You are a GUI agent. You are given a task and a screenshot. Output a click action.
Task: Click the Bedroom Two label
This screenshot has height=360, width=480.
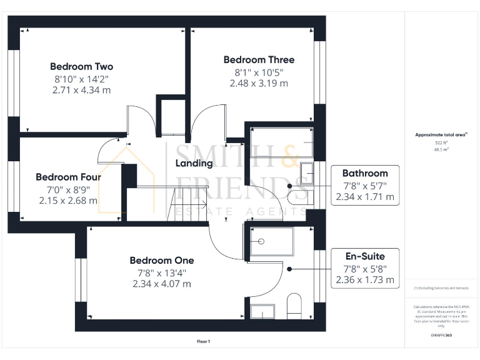(81, 66)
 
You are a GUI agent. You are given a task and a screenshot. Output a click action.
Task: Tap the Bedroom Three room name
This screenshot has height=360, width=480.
(259, 60)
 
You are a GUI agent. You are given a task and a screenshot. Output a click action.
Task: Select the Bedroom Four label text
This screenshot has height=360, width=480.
(68, 177)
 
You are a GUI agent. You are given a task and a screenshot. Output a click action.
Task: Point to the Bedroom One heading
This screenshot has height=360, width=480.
(162, 260)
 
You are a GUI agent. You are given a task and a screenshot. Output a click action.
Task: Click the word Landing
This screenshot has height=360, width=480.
(194, 163)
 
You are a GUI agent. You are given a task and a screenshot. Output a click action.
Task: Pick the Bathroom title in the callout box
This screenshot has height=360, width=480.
(365, 173)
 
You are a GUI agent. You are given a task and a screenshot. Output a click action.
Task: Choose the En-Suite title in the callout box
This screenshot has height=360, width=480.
(365, 256)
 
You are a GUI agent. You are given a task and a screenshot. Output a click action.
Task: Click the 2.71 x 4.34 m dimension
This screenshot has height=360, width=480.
(81, 90)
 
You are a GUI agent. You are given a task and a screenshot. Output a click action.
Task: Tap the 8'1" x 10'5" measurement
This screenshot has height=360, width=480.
(259, 72)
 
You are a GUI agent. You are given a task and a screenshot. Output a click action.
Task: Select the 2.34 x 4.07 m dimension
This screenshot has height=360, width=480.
(162, 284)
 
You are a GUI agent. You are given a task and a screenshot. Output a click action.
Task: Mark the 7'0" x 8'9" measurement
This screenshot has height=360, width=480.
(68, 189)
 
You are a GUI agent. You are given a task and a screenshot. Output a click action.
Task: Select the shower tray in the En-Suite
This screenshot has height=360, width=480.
(271, 242)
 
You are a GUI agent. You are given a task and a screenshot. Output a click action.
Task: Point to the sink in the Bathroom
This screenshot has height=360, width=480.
(306, 172)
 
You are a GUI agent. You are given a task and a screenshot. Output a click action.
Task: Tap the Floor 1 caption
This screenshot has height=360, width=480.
(203, 341)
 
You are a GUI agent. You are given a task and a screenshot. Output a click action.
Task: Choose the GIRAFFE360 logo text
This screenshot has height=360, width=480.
(442, 336)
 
